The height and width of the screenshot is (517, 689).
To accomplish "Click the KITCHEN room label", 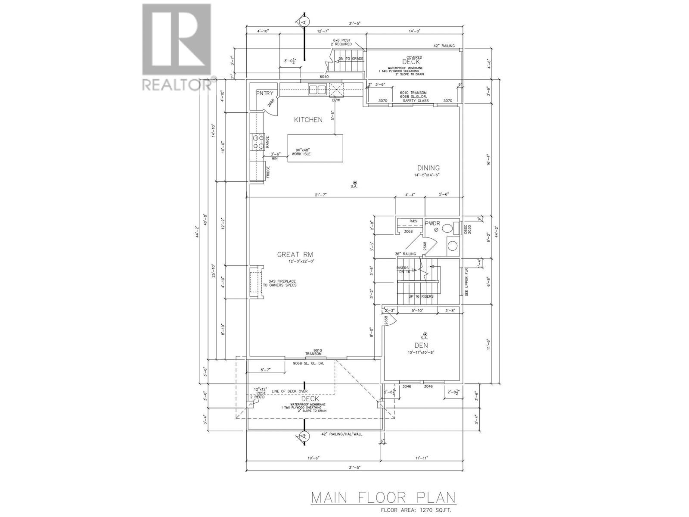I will tap(308, 120).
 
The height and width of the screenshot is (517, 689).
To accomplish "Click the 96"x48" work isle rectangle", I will tap(315, 148).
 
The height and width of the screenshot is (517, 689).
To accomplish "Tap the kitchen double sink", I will tap(317, 90).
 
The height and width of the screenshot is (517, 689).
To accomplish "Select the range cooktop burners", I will tap(258, 142).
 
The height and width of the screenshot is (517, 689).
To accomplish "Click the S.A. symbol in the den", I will tap(425, 334).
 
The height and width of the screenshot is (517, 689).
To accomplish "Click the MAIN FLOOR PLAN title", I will tap(383, 498).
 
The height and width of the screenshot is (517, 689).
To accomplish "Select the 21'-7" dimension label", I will tap(321, 195).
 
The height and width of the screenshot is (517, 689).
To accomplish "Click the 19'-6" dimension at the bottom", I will tap(313, 458).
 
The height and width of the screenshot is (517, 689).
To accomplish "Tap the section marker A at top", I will tap(304, 21).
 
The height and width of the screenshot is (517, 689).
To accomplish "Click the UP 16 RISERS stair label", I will tap(421, 296).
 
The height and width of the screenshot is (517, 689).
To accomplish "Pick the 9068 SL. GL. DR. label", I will tap(308, 363).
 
